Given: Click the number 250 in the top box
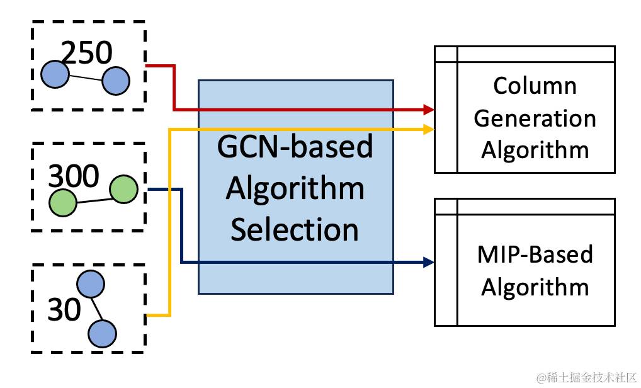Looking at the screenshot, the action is pos(87,53).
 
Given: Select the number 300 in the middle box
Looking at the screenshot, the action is pos(74,176).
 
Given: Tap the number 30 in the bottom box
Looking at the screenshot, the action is pos(64,309).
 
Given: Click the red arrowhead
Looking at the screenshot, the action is pos(429,110).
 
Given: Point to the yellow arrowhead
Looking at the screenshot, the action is pos(429,129).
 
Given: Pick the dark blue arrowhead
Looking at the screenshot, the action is pos(429,262).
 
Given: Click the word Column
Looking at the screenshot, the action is pos(535,86).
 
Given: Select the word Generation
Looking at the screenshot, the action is pos(535,118).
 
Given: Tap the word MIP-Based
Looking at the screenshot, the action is pos(535,254).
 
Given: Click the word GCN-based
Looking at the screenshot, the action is pos(295,146).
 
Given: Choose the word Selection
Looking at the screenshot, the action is pos(294,229).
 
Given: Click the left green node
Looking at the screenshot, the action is pos(62,203).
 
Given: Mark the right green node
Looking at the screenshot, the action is pos(123,190).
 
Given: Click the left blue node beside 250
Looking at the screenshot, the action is pos(55,74).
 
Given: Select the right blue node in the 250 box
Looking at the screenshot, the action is pos(116,81).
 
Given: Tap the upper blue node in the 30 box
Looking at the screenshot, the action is pos(90,283).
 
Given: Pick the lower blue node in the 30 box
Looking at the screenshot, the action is pos(102,334).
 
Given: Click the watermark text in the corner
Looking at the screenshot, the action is pos(587,377).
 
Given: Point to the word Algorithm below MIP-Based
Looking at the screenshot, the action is pos(535,287).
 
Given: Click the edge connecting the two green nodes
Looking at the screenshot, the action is pos(93,200).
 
